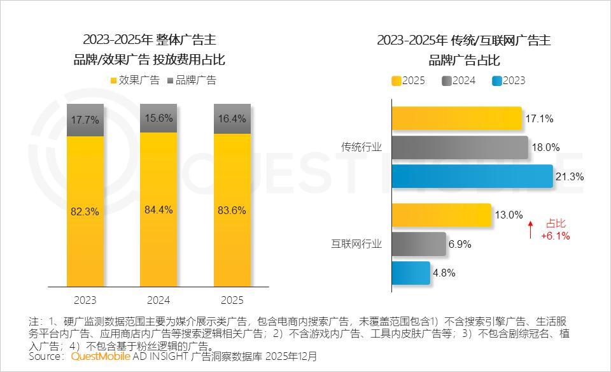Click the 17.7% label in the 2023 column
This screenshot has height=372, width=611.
(x=85, y=120)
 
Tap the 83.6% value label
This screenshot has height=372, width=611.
(x=232, y=211)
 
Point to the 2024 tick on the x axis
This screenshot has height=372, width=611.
(x=158, y=300)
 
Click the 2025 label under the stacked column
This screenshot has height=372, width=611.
(x=232, y=300)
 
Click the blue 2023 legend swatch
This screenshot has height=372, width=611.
(x=498, y=81)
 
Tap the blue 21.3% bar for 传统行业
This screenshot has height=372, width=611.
(x=472, y=176)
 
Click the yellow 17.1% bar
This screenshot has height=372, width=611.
(x=456, y=118)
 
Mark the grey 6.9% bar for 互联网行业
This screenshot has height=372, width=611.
(x=418, y=244)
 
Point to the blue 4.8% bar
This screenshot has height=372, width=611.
(x=411, y=273)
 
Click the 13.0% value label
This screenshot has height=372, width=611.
(x=509, y=215)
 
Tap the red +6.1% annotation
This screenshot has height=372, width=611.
(x=555, y=236)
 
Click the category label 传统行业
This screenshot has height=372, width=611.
(x=362, y=147)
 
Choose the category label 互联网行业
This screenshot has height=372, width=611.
(x=356, y=244)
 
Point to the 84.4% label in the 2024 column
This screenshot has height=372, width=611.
(x=158, y=210)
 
